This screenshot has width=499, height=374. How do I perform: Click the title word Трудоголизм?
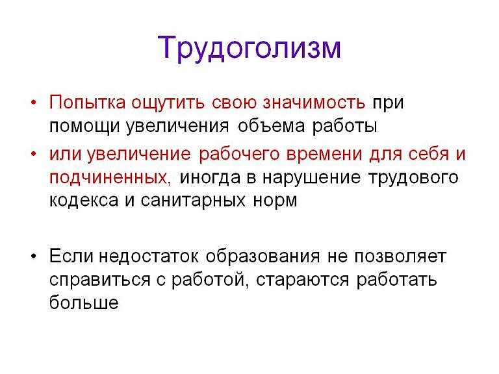[249, 48]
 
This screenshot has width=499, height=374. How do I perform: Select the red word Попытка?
[87, 103]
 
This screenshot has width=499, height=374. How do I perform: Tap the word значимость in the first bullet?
[314, 103]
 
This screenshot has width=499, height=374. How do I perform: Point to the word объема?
[271, 126]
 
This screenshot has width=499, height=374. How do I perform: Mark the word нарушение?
[312, 178]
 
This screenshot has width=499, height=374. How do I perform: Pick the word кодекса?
[84, 201]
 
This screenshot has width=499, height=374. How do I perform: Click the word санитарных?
[193, 201]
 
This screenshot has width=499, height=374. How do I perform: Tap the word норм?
[275, 201]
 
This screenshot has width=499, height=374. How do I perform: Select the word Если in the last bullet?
[71, 256]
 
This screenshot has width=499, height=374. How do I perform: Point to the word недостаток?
[149, 256]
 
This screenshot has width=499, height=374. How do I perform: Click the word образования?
[263, 256]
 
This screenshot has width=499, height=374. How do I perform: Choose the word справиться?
[99, 280]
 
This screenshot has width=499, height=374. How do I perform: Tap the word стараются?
[302, 280]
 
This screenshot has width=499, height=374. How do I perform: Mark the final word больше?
[84, 302]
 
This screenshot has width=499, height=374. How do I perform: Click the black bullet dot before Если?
[34, 256]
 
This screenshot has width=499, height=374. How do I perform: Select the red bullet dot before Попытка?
[34, 103]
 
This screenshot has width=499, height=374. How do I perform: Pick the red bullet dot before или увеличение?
[34, 154]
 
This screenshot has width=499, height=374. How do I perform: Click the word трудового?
[413, 178]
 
